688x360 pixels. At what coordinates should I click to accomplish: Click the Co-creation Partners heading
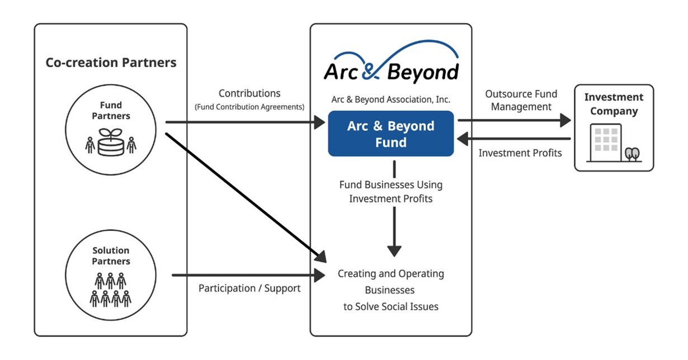pos(111,63)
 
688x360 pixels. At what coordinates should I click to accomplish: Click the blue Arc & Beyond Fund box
pos(390,134)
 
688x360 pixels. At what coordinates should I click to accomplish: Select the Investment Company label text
pos(614,104)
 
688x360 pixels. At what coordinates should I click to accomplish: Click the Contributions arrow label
pos(249,93)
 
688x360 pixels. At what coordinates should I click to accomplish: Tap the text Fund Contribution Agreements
pos(249,106)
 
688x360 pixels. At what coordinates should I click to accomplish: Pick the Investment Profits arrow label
pos(520,153)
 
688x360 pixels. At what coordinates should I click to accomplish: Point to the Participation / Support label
pos(249,288)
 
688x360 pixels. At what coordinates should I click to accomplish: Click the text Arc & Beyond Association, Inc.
pos(391,100)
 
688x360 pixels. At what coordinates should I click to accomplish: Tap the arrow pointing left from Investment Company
pos(513,139)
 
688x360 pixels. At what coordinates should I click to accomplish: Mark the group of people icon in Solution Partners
pos(110,290)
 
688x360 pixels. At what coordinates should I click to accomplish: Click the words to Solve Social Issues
pos(390,306)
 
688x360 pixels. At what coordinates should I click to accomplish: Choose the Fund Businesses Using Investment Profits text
pos(390,192)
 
